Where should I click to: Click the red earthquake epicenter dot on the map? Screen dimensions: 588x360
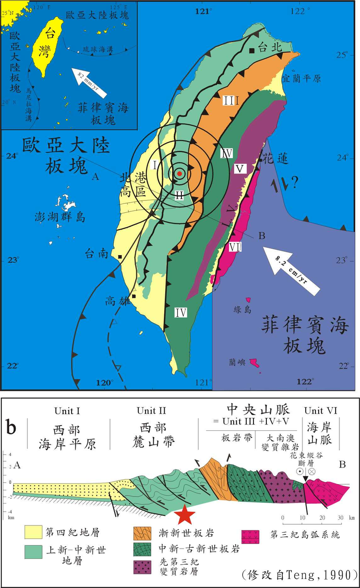pos(179,173)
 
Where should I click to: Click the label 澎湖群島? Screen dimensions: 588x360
pos(60,217)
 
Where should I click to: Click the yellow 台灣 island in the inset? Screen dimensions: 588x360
pos(48,46)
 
